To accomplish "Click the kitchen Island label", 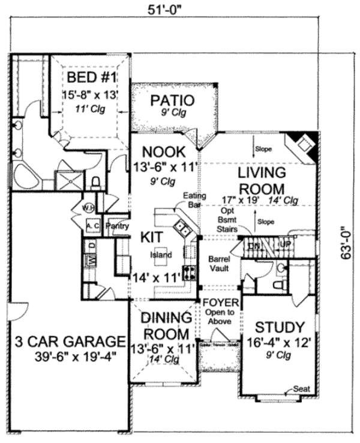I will pos(161,255).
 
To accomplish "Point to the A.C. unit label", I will pos(92,226).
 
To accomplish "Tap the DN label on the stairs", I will pos(254,246).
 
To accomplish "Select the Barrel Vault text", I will pos(219,265).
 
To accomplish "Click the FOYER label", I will pos(221,301).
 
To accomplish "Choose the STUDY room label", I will pos(280,328).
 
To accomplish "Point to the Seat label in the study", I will pos(302,389).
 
